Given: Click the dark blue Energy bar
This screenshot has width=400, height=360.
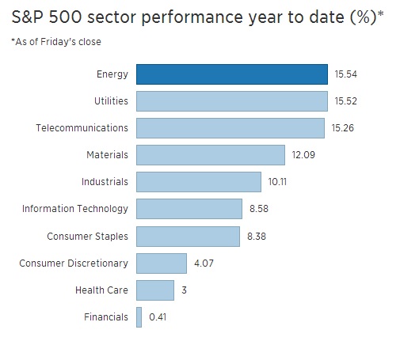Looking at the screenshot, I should pos(231,74).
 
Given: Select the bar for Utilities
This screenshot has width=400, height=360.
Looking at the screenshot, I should pos(231,101).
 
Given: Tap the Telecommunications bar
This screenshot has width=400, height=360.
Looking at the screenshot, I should pos(230,128).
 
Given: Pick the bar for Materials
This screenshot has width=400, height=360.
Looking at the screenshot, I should pos(210,155).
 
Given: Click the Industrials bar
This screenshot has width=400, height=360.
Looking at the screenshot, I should pos(198,182).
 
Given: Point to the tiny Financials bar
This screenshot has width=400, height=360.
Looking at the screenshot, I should pos(139,316).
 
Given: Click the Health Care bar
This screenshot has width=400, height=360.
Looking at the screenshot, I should pos(154,290).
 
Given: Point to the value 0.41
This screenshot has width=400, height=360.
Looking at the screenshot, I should pos(157,316).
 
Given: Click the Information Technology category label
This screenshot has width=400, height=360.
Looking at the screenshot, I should pos(74,209).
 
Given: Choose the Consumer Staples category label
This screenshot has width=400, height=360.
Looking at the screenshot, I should pos(86,236).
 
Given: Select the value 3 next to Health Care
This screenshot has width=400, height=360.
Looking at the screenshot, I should pos(184,290).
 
